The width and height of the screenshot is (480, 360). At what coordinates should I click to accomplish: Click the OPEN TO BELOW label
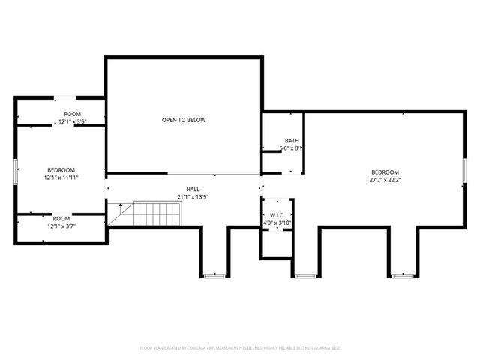tap(184, 120)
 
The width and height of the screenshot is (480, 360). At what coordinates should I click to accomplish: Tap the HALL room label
tap(193, 189)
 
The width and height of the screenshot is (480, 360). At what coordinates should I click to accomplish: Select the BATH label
tap(292, 141)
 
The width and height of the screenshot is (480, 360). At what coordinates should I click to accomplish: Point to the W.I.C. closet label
tap(277, 215)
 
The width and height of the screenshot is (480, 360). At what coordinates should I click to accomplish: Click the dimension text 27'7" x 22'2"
tap(384, 180)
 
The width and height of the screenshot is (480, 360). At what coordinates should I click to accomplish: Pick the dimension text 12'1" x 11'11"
tap(61, 178)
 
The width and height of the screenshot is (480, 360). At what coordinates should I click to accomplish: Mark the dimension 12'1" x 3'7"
tap(61, 225)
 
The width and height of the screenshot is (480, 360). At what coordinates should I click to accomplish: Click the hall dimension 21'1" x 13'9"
tap(193, 196)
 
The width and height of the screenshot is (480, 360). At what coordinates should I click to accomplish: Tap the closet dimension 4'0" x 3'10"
tap(277, 223)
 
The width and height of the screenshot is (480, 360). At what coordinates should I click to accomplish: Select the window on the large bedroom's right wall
tap(464, 170)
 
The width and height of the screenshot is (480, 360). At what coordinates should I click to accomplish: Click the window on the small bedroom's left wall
tap(15, 171)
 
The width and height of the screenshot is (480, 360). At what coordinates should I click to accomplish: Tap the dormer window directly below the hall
tap(214, 275)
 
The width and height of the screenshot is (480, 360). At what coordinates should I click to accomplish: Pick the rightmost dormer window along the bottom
tap(403, 275)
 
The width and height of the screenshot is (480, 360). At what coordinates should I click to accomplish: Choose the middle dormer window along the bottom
tap(304, 275)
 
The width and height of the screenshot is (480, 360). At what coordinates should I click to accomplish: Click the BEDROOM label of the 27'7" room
tap(384, 172)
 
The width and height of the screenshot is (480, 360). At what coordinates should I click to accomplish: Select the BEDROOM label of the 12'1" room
tap(61, 170)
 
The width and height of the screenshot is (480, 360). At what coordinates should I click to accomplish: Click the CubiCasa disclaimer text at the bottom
tap(240, 348)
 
